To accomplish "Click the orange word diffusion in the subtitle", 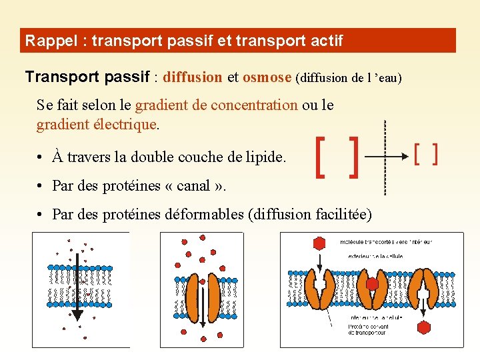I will click(x=193, y=77).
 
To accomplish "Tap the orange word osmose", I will click(x=267, y=77).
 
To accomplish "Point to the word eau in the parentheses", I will click(x=386, y=78).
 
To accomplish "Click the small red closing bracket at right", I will click(x=435, y=155).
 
